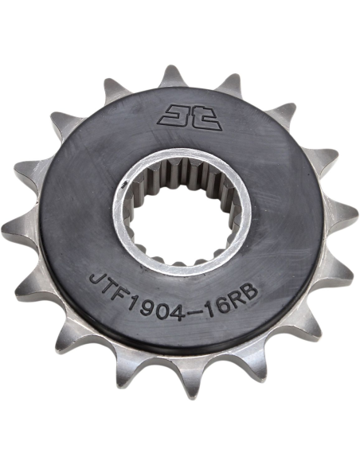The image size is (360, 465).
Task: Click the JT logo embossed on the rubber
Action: pyautogui.click(x=190, y=117)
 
